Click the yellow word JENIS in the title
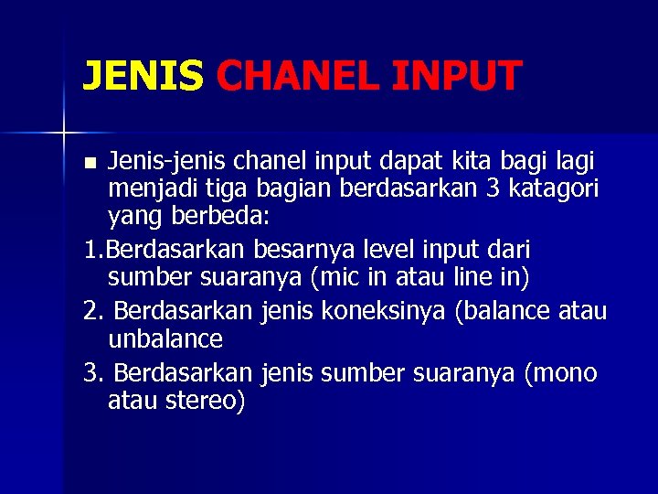tap(143, 76)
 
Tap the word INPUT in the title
tap(456, 76)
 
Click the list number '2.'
tap(92, 311)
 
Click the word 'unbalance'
tap(165, 340)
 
